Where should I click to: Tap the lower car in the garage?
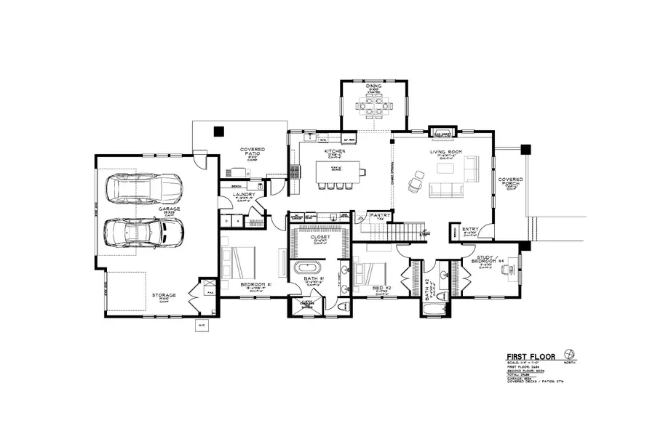(143, 232)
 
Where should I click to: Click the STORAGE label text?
(164, 295)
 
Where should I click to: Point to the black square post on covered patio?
(218, 131)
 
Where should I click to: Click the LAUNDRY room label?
(243, 195)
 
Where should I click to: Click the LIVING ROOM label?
(444, 152)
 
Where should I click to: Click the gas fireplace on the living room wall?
(443, 133)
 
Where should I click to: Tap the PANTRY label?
(381, 215)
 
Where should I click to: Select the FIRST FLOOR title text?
(531, 357)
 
